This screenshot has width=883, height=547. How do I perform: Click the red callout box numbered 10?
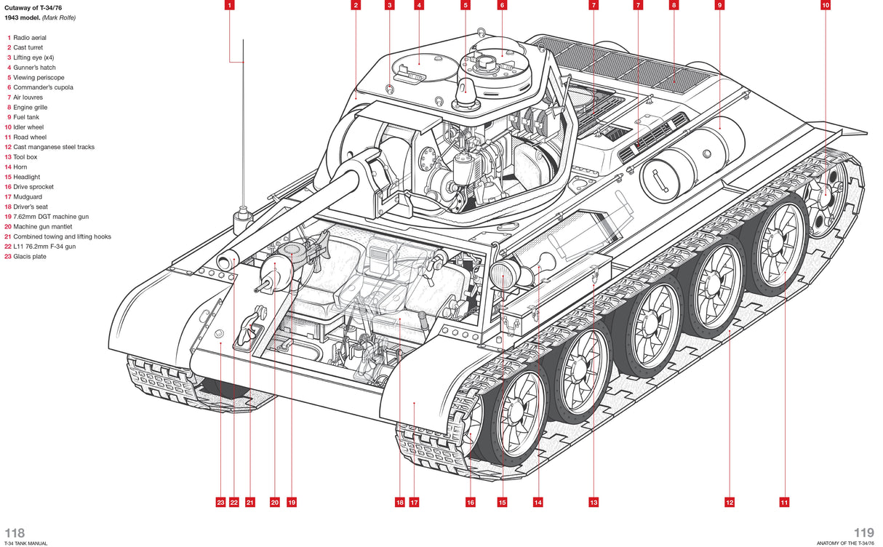point(826,5)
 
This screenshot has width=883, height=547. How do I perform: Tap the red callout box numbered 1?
point(229,5)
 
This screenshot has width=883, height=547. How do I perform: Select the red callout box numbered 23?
point(220,502)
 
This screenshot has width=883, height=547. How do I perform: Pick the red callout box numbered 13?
point(594,502)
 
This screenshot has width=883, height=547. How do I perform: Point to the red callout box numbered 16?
point(471,502)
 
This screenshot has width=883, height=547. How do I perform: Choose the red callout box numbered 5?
point(466,5)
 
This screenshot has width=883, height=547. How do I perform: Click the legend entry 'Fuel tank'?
point(26,117)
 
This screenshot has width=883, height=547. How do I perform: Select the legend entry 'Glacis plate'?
point(29,257)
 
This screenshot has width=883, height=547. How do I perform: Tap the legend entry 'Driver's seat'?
point(31,207)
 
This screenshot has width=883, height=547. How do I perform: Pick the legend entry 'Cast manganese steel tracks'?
point(54,147)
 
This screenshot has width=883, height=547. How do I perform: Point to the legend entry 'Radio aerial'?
point(28,37)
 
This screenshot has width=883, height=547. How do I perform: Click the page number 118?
point(15,533)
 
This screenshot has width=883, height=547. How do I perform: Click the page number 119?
point(864,533)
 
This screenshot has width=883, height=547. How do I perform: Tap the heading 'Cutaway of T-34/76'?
point(33,7)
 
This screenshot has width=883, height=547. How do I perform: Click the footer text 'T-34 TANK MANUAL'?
point(26,543)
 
